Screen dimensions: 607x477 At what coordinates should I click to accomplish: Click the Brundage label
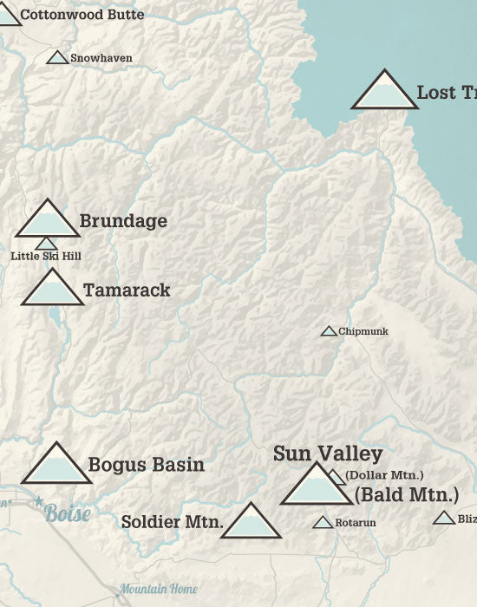click(x=123, y=221)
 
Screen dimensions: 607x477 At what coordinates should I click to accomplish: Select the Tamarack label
click(x=127, y=290)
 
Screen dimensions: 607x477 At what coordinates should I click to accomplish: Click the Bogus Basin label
click(x=147, y=465)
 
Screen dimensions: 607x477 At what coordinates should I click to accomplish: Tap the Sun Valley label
click(x=328, y=454)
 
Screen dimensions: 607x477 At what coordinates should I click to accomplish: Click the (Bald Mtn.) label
click(x=406, y=495)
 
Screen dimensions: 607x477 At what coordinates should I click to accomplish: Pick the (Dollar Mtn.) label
click(x=383, y=474)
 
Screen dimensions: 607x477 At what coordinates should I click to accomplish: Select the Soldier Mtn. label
click(x=173, y=522)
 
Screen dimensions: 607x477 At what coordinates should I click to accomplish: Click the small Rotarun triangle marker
click(x=323, y=522)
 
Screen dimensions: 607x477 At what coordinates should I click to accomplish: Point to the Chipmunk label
click(x=363, y=331)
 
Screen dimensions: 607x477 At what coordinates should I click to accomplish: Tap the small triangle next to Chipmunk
click(x=329, y=331)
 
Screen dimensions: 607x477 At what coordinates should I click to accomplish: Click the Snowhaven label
click(x=101, y=58)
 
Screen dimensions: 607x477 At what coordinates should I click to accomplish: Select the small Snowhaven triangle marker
click(x=57, y=58)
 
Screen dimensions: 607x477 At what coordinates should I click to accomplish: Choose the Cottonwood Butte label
click(x=82, y=15)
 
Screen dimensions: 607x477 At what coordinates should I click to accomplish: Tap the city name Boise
click(x=68, y=513)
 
